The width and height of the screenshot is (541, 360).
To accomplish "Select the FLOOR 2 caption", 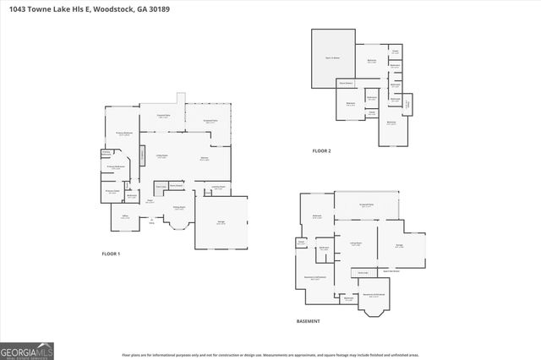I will pyautogui.click(x=321, y=151).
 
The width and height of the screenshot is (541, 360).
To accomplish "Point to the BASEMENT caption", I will pyautogui.click(x=308, y=322).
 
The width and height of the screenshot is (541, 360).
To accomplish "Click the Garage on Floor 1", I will pyautogui.click(x=221, y=221).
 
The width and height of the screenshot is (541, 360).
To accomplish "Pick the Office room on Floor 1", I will pyautogui.click(x=124, y=216).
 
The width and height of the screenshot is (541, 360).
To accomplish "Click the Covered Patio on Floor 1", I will pyautogui.click(x=164, y=116).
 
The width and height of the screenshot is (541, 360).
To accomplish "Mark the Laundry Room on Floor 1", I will pyautogui.click(x=217, y=188).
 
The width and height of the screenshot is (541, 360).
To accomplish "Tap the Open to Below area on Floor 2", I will pyautogui.click(x=331, y=57).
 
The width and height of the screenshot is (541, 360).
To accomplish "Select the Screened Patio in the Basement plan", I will pyautogui.click(x=367, y=205).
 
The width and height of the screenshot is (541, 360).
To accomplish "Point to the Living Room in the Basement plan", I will pyautogui.click(x=356, y=245).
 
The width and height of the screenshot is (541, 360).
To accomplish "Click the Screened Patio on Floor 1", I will pyautogui.click(x=207, y=123).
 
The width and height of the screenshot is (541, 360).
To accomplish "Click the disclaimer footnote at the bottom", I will pyautogui.click(x=270, y=355).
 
